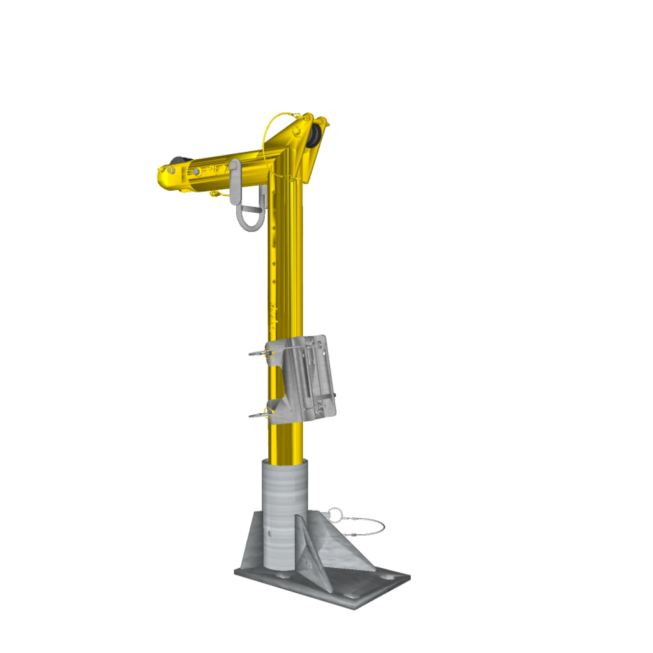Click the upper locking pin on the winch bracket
click(261, 353)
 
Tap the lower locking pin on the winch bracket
click(261, 415)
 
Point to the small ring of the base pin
click(335, 514)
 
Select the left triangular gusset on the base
click(254, 546)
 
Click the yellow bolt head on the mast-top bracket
click(296, 134)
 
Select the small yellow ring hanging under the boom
click(215, 193)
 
